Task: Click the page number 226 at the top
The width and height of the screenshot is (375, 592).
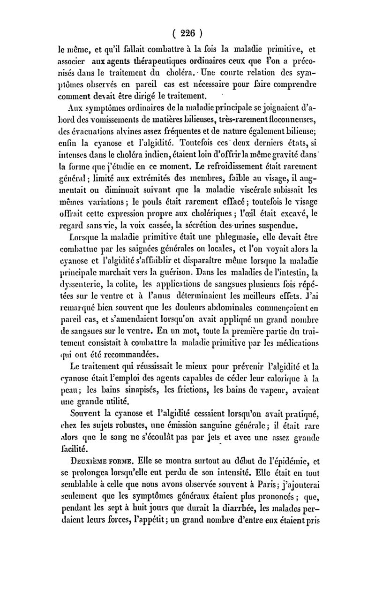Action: coord(187,33)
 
